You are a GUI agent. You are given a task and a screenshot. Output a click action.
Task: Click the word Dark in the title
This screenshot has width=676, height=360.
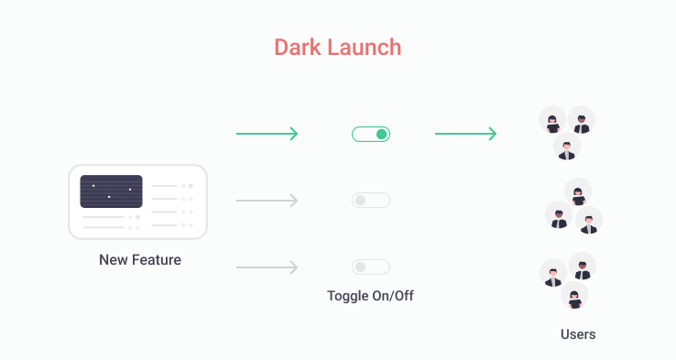point(298,46)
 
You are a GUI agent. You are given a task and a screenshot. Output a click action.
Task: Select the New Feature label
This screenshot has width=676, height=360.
point(140,260)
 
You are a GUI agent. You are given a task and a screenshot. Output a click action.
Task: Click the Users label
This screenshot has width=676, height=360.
point(578,334)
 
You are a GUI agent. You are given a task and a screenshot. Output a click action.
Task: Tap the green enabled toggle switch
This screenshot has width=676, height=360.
point(371,135)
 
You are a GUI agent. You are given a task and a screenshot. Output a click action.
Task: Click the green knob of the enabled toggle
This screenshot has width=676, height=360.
point(382,135)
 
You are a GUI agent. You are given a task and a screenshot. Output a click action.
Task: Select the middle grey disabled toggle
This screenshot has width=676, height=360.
point(371,200)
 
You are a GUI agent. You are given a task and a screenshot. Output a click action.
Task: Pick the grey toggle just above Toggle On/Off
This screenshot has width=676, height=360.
point(371,267)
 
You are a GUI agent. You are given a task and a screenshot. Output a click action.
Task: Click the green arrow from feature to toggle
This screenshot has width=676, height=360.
point(267,135)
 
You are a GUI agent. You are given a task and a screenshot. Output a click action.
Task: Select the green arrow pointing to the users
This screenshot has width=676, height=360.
point(465,135)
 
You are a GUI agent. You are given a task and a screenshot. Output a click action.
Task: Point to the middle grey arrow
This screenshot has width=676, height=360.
point(267,201)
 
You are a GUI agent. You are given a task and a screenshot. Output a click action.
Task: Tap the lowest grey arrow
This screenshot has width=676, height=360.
point(267,267)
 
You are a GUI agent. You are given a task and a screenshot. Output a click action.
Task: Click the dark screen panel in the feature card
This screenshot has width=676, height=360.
point(111,191)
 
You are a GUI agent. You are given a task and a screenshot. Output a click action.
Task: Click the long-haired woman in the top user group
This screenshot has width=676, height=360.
point(553,122)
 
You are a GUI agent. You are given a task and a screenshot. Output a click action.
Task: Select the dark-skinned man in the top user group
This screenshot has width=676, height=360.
point(582,121)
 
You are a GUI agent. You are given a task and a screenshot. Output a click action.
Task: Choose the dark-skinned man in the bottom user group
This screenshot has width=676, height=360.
point(583,267)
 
